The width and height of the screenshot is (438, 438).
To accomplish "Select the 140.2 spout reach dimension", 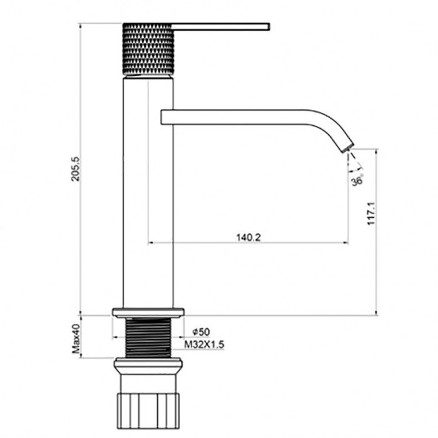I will pyautogui.click(x=248, y=237).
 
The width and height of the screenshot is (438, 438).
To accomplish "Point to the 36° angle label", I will pyautogui.click(x=358, y=181).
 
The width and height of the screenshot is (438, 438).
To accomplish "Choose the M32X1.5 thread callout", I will pyautogui.click(x=205, y=344).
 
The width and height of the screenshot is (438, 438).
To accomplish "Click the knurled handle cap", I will pyautogui.click(x=148, y=49).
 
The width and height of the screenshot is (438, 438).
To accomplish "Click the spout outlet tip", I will pyautogui.click(x=345, y=146).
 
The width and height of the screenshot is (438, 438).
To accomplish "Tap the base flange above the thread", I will pyautogui.click(x=148, y=312).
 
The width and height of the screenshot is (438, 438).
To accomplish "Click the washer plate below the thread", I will pyautogui.click(x=148, y=363).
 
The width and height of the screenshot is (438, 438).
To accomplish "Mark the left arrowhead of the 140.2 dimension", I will pyautogui.click(x=150, y=243).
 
